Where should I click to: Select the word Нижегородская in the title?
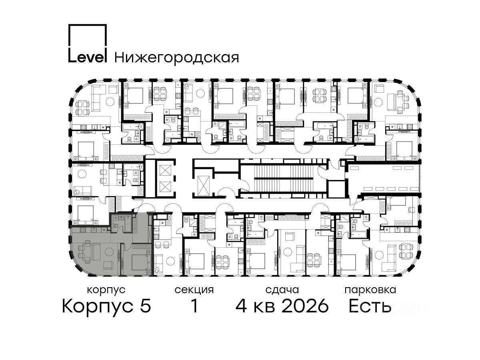tap(177, 58)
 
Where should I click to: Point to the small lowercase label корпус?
tap(106, 290)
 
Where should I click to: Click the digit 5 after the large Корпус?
tap(146, 306)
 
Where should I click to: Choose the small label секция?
tap(194, 290)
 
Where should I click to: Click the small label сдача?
tap(282, 290)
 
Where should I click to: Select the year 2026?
tap(305, 306)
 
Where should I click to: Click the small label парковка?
tap(370, 290)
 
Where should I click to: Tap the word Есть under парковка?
tap(370, 306)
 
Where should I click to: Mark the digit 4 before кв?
tap(241, 306)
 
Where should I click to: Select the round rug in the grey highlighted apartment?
tap(109, 252)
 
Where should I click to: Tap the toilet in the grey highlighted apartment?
tap(116, 226)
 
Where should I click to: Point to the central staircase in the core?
tap(284, 178)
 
